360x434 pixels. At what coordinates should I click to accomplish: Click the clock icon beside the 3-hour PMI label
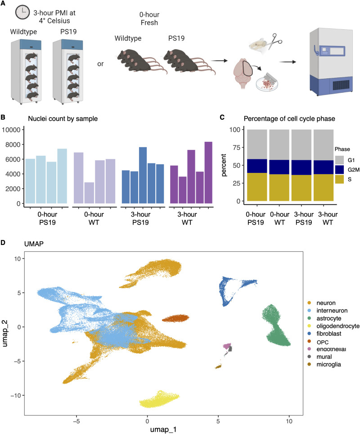point(22,13)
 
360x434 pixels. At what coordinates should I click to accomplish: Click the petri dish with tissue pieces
point(267,85)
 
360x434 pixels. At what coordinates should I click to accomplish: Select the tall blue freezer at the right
point(331,62)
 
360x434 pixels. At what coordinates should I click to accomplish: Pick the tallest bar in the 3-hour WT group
point(208,173)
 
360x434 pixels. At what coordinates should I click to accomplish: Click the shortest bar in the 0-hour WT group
point(89,193)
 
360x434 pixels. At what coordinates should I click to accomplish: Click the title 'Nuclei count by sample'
point(63,119)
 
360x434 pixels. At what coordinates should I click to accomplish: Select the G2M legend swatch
point(339,170)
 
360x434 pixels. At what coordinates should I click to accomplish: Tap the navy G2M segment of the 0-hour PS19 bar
point(257,166)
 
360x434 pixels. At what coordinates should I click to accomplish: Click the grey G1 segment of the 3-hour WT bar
point(324,145)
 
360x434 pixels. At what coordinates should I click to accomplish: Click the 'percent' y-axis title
point(224,165)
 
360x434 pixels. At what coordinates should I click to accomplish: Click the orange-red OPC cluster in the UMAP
point(175,318)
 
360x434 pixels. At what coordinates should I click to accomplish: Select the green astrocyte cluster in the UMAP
point(275,326)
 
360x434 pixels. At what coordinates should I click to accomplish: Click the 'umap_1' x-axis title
point(163,429)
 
